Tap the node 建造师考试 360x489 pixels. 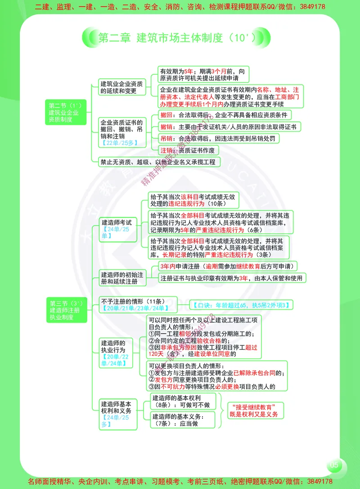117,229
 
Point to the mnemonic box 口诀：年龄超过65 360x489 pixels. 241,305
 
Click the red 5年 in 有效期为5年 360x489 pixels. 188,71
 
